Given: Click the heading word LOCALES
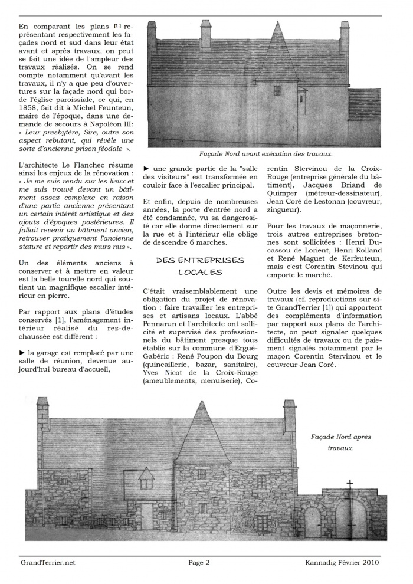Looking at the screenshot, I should pyautogui.click(x=199, y=272).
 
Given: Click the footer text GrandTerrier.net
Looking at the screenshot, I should pyautogui.click(x=47, y=562).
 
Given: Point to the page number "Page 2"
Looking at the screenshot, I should pyautogui.click(x=199, y=562).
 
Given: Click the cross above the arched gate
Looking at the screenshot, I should pyautogui.click(x=349, y=484).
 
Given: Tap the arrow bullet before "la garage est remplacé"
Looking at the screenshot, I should pyautogui.click(x=22, y=352).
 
